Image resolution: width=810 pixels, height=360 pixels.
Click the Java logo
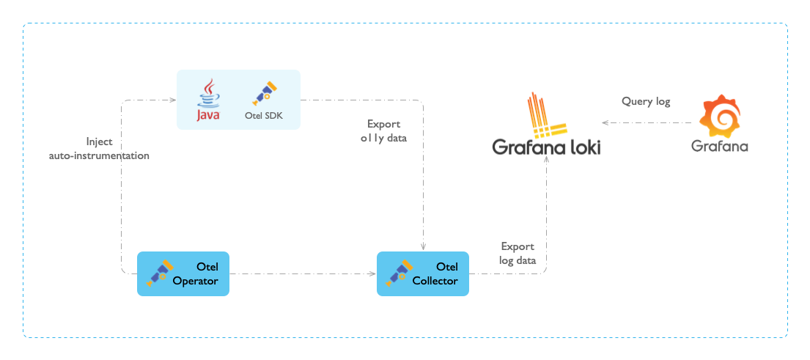[208, 102]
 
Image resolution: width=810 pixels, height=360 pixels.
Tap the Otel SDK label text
[262, 115]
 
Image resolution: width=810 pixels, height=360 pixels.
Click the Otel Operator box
[183, 273]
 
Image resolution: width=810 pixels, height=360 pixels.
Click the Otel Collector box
[422, 273]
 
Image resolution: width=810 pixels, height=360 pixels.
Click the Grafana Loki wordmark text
[546, 148]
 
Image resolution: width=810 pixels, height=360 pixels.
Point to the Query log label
[646, 102]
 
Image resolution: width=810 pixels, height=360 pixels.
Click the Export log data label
[518, 253]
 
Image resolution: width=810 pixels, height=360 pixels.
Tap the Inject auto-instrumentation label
[99, 148]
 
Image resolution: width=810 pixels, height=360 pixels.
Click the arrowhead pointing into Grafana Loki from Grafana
[605, 123]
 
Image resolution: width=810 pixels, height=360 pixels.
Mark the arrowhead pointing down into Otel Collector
[424, 247]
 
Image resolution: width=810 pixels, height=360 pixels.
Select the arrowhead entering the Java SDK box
[173, 100]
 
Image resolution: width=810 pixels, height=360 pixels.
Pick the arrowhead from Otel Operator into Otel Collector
[372, 274]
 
